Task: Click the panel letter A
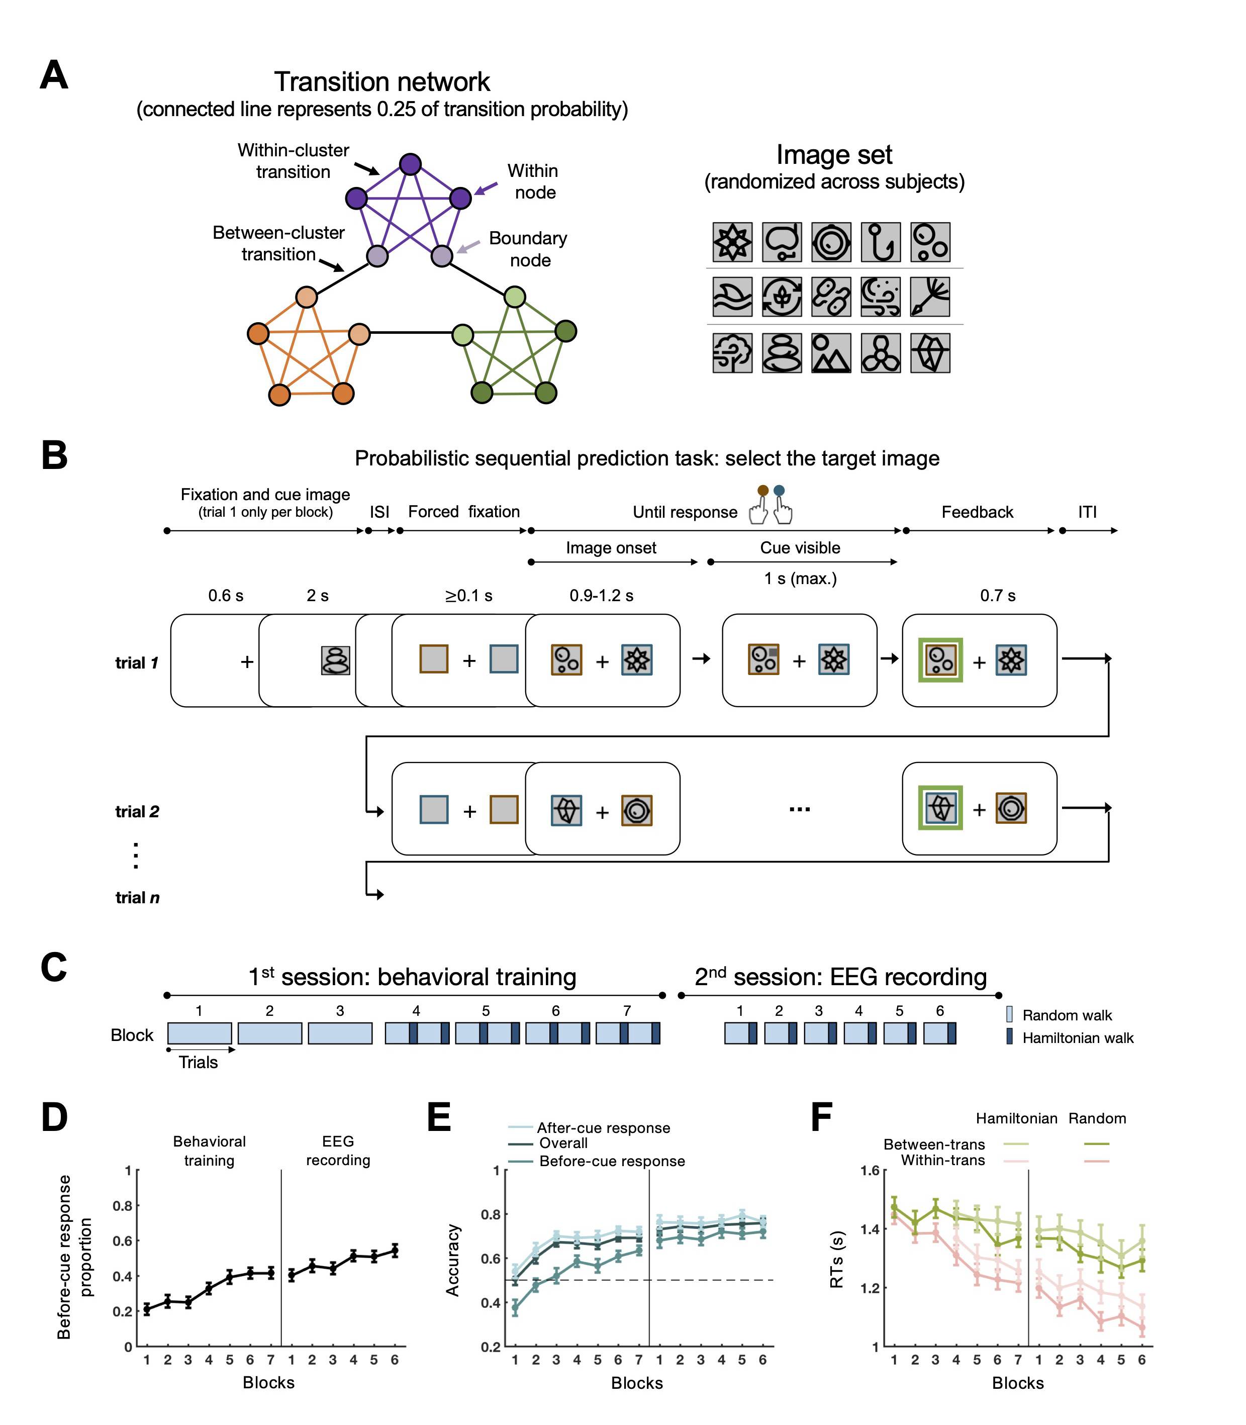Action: click(54, 75)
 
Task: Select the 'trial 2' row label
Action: click(137, 812)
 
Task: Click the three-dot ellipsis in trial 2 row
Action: click(800, 809)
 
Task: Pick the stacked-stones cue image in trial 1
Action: click(335, 660)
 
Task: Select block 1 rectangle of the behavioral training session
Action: click(200, 1033)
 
